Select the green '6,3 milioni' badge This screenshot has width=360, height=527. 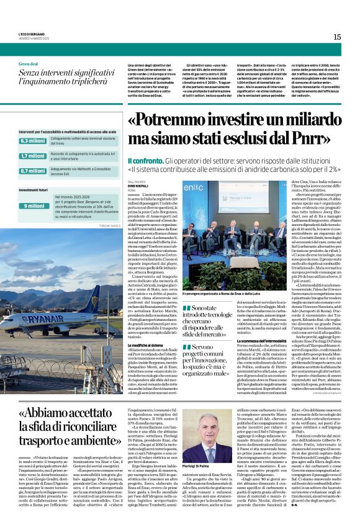point(32,142)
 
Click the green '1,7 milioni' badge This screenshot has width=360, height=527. point(32,156)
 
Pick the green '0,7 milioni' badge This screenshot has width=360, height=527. point(32,171)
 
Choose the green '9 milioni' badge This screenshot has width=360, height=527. point(32,205)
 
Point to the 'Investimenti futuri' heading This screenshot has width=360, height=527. point(33,190)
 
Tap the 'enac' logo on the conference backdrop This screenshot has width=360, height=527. point(212,189)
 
